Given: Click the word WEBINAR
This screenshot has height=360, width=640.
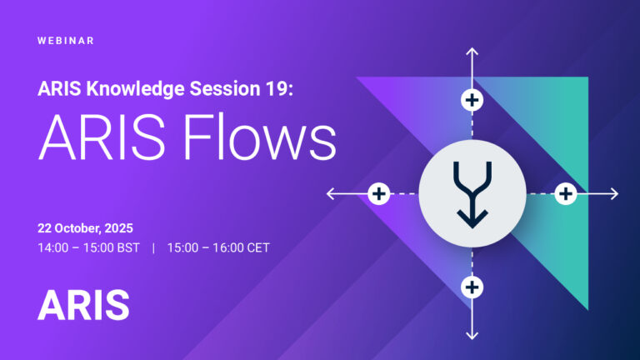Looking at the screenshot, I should click(x=66, y=40).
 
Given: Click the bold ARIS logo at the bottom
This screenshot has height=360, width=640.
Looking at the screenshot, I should click(x=83, y=305).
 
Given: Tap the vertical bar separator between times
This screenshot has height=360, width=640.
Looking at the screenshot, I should click(x=153, y=247).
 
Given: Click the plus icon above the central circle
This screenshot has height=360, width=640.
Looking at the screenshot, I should click(x=472, y=101).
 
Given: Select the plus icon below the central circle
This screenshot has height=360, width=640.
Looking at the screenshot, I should click(x=472, y=287).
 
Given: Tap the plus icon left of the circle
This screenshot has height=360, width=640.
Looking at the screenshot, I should click(x=379, y=194).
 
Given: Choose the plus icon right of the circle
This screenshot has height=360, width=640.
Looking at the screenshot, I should click(x=566, y=194).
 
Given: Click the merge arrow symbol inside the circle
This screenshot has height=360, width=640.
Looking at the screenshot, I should click(x=472, y=194).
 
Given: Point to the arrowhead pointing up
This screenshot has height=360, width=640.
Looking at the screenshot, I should click(x=472, y=52).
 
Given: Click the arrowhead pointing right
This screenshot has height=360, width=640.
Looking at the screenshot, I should click(x=614, y=194).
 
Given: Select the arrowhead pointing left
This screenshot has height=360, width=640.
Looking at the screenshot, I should click(x=331, y=194).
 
